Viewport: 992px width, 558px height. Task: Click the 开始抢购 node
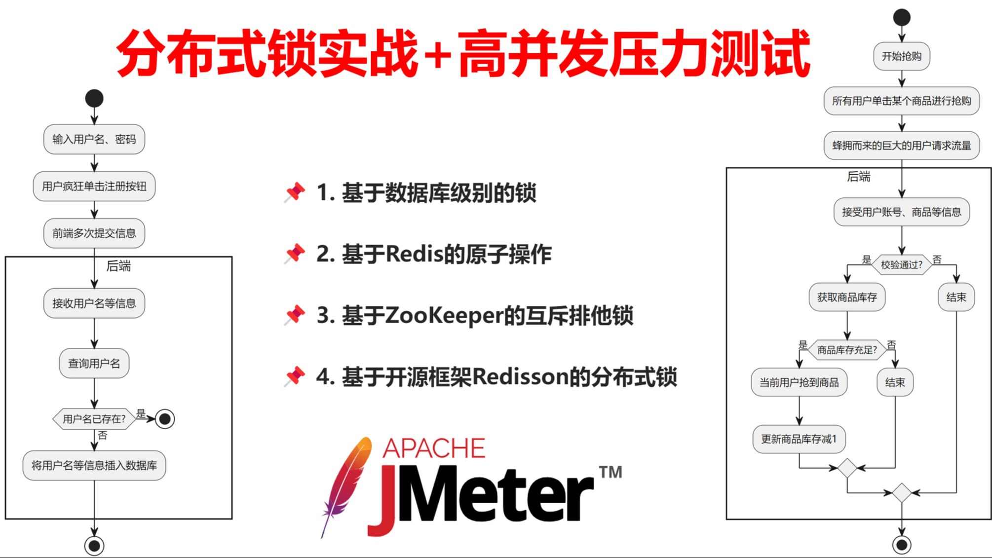[x=901, y=56]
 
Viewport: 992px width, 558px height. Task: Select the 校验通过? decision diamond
[x=901, y=265]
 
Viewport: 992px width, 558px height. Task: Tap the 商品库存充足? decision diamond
[x=847, y=350]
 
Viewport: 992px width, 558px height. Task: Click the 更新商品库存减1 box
[x=799, y=439]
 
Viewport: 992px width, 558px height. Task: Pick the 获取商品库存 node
[x=847, y=297]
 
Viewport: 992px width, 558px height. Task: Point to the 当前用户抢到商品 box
[x=799, y=382]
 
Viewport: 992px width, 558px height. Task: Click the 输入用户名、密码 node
[x=94, y=139]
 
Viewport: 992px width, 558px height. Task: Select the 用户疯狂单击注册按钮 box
[x=94, y=186]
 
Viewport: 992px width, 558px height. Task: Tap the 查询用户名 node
[x=94, y=364]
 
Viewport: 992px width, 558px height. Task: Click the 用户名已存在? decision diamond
[x=94, y=419]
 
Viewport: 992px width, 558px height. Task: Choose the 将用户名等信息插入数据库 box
[x=94, y=465]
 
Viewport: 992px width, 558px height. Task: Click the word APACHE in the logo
[x=434, y=448]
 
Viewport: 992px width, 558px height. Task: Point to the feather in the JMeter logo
[x=345, y=486]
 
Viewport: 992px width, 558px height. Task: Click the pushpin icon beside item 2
[x=295, y=254]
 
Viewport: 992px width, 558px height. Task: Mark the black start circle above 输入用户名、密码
[x=94, y=98]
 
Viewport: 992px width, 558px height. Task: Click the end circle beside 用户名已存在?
[x=165, y=419]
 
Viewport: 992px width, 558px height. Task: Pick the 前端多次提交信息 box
[x=94, y=233]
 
